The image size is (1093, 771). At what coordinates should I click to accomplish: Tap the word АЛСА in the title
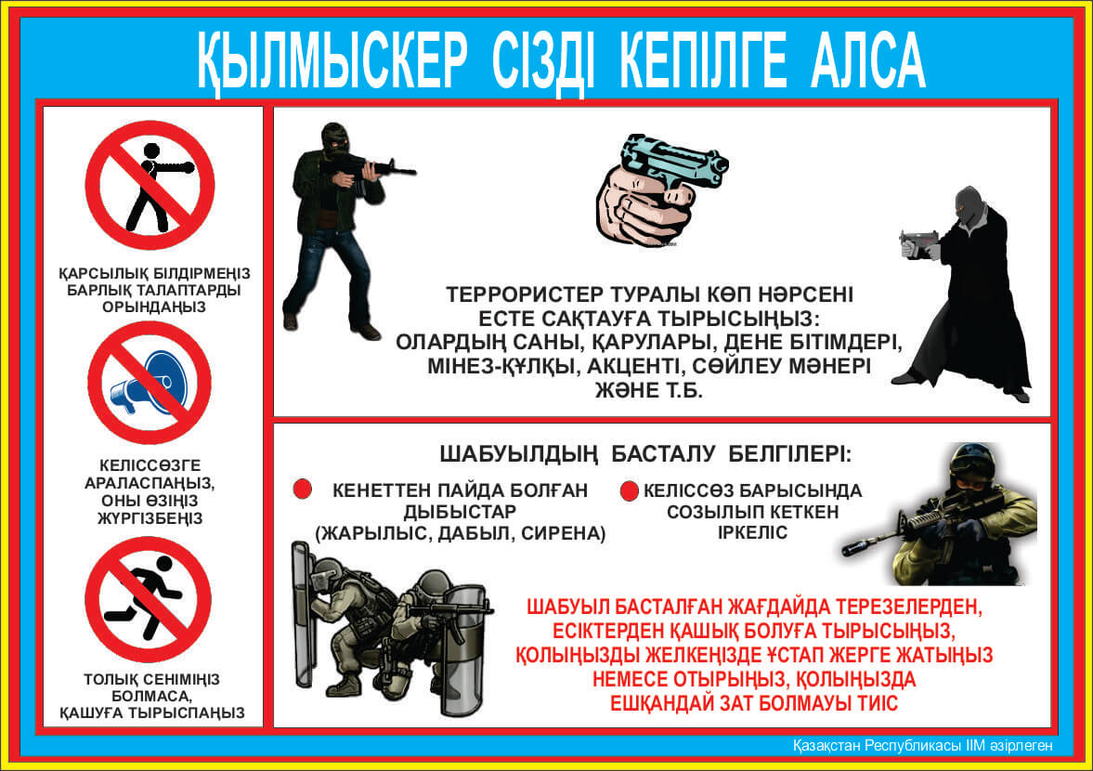click(868, 60)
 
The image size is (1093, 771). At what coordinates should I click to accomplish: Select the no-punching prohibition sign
click(150, 186)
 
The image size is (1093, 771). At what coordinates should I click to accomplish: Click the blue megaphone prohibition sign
click(150, 383)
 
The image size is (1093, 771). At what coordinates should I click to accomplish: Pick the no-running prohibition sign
click(149, 599)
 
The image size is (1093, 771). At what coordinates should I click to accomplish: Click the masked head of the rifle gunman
click(334, 138)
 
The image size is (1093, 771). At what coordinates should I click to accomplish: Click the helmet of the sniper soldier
click(971, 460)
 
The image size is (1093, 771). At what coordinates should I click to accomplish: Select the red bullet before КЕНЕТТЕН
click(303, 490)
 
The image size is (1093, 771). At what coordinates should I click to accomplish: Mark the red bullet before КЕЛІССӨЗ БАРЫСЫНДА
click(629, 490)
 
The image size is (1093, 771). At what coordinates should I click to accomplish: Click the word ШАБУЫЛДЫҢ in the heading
click(518, 454)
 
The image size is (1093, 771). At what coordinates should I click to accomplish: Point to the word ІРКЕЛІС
click(752, 532)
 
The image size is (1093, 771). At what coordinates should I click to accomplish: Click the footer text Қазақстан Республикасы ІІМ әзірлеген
click(922, 745)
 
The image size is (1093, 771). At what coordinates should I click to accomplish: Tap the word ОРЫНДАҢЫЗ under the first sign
click(154, 307)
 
